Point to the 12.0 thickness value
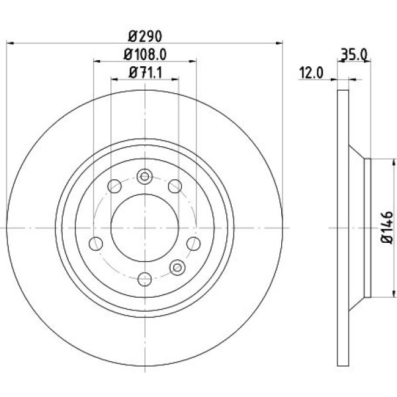[309, 73]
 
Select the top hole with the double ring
[144, 177]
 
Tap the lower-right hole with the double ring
[176, 267]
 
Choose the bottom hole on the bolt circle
[144, 278]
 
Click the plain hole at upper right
[175, 186]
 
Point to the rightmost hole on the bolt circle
[195, 242]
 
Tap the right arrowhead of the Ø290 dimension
[281, 44]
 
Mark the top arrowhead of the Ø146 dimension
[373, 161]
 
